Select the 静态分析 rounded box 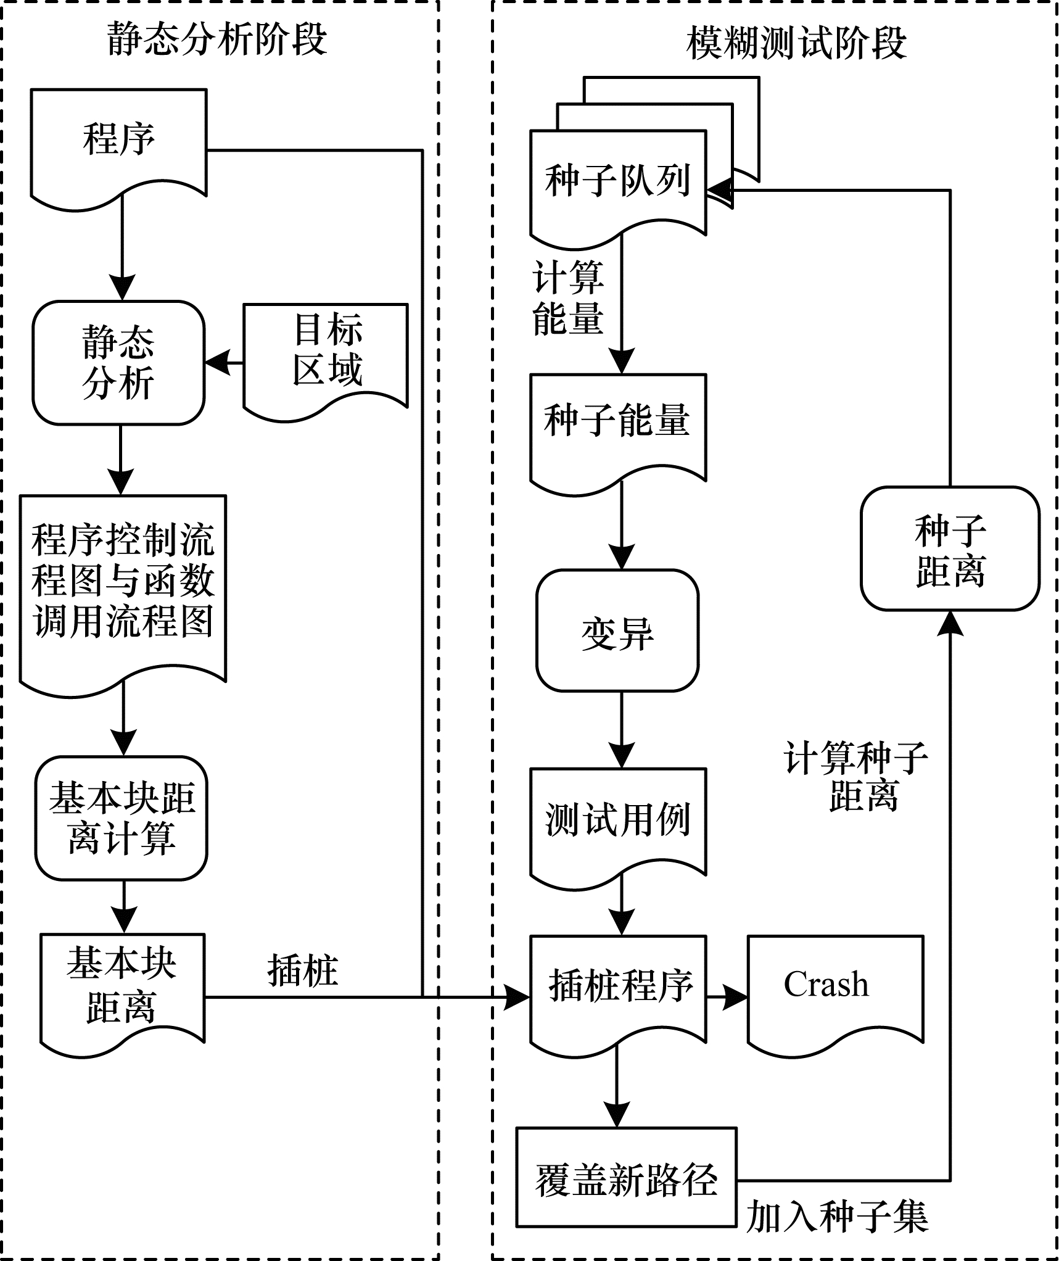[118, 363]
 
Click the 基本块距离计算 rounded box [122, 817]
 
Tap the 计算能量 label [568, 298]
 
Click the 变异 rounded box [617, 630]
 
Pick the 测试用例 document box [618, 820]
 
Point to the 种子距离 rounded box [950, 548]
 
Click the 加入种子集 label [837, 1217]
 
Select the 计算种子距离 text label [856, 776]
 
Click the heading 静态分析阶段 [217, 39]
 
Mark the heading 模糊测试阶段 [796, 43]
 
